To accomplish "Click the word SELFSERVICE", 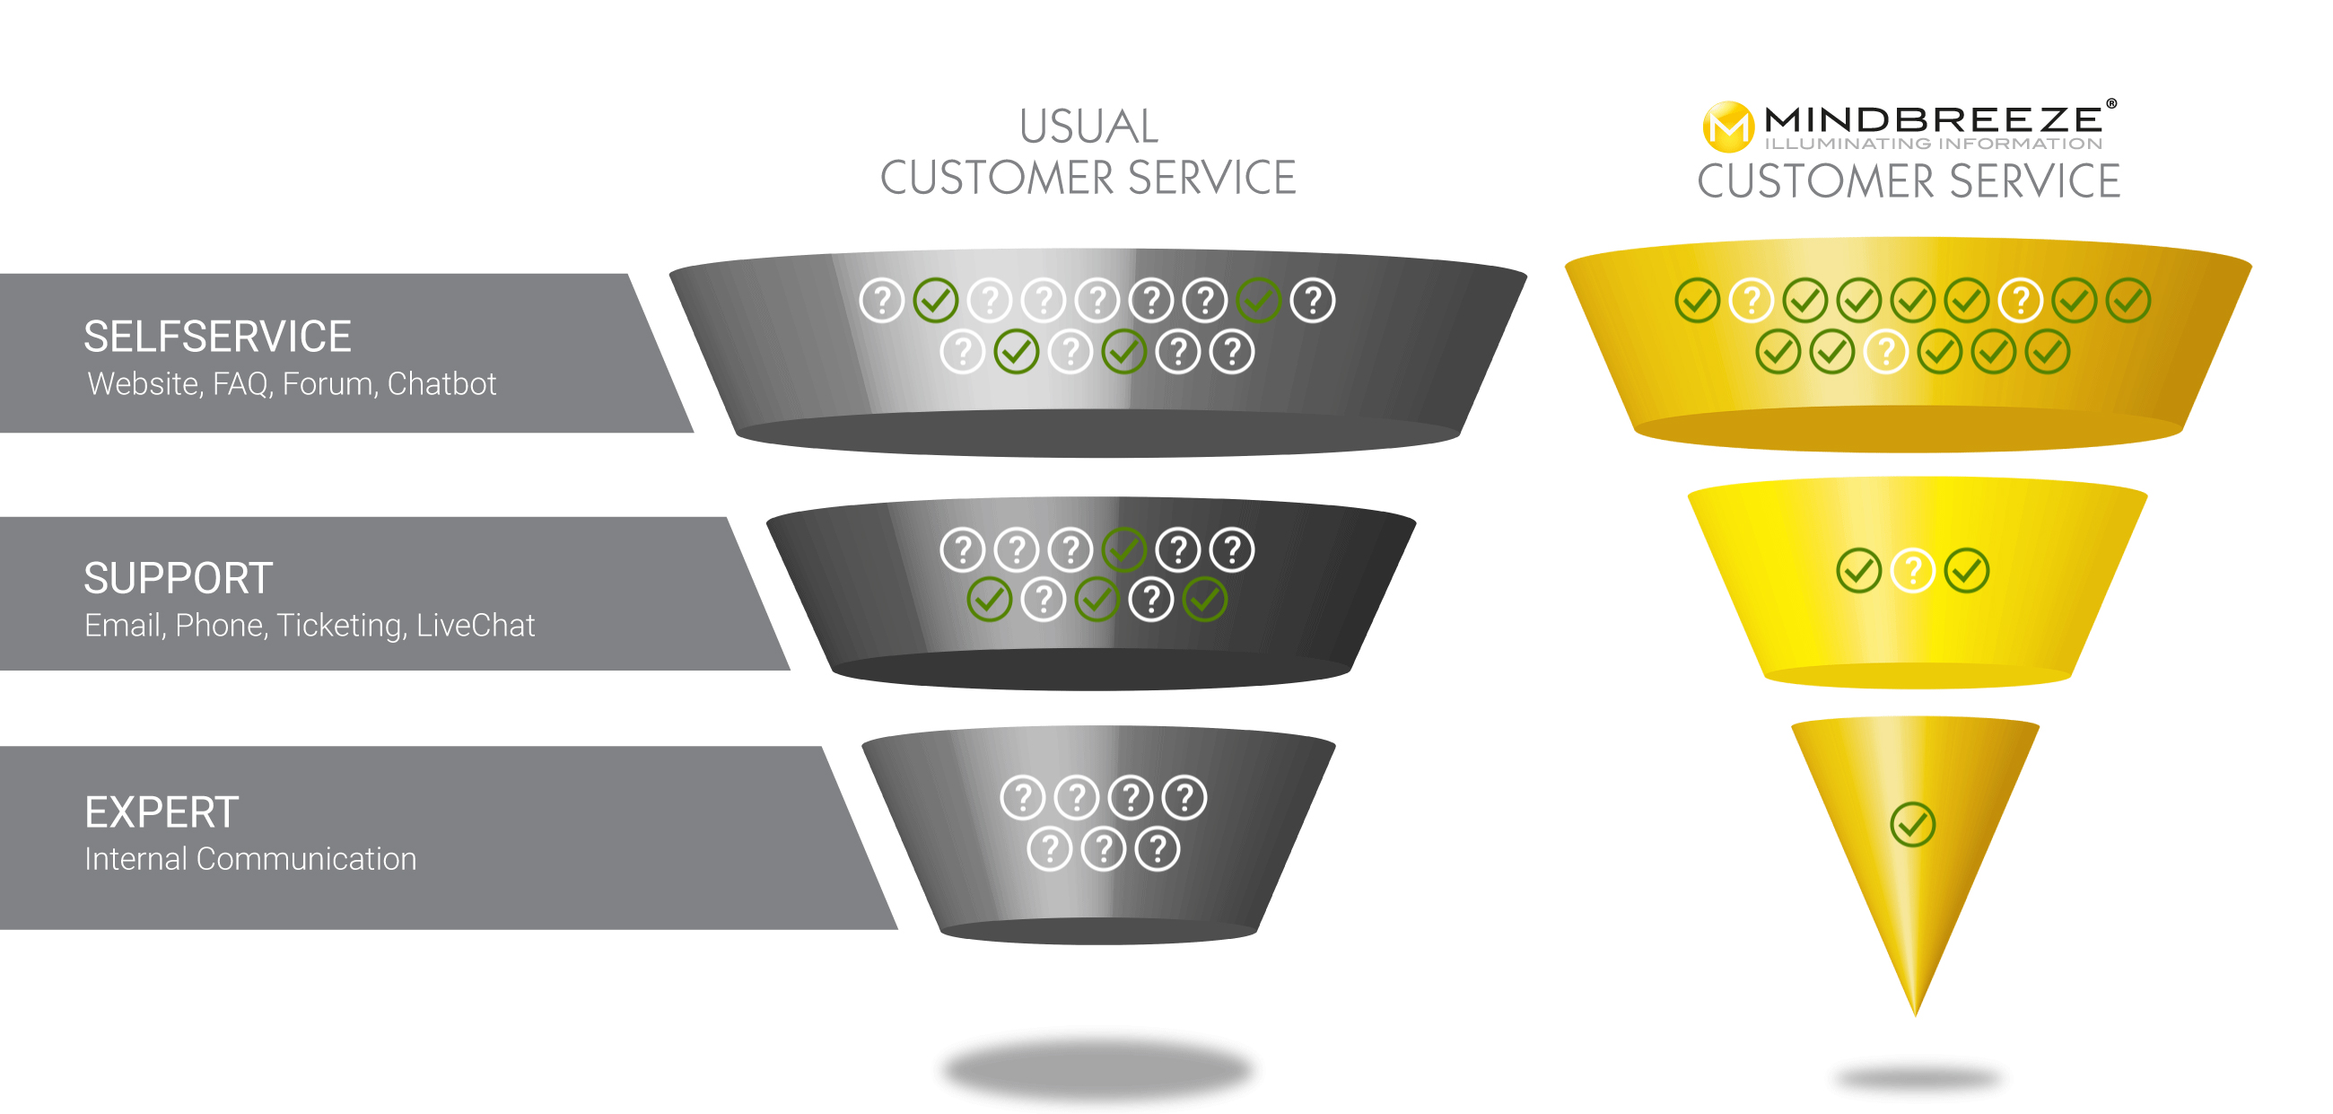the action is coord(217,337).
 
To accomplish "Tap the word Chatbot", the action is coord(442,384).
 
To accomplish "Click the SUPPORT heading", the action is coord(179,579).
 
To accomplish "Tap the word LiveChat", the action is coord(476,625).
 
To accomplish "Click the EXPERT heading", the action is coord(162,812).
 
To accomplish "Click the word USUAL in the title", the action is coord(1088,127).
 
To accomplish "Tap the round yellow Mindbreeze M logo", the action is coord(1728,127).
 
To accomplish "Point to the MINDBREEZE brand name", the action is coord(1933,118).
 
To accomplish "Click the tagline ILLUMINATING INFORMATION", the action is coord(1933,143).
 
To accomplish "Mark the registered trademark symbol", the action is coord(2111,103).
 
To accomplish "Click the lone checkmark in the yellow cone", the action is coord(1913,824).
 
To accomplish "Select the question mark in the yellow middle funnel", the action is coord(1913,571).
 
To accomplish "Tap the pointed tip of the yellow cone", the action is coord(1915,1015).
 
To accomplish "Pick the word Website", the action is coord(143,384).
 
